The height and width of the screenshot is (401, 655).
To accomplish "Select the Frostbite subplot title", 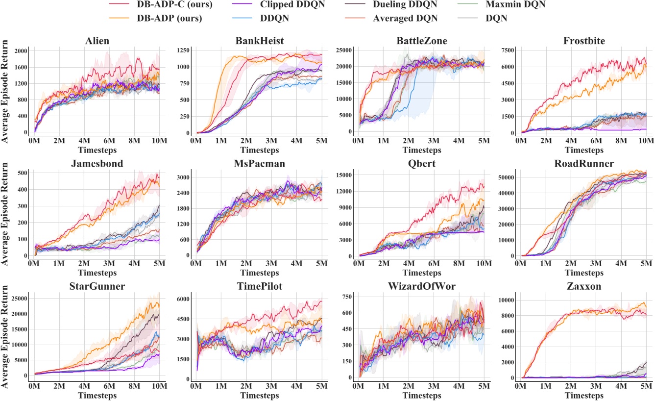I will [584, 41].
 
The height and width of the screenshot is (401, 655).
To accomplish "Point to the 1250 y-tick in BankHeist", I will [184, 50].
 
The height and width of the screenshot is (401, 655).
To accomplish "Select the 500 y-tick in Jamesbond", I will [21, 173].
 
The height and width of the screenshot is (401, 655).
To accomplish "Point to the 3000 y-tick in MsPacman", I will [184, 177].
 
